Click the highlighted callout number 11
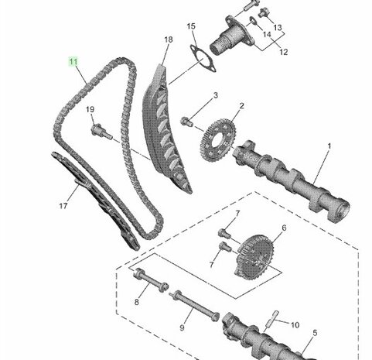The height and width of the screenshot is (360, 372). point(73,62)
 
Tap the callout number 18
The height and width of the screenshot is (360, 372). point(169,39)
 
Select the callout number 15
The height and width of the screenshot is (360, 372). point(191,26)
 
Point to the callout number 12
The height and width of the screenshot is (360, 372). point(283,52)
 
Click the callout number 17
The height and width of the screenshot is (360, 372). point(63,206)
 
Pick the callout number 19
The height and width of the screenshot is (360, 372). point(90,109)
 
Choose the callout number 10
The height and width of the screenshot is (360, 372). point(295,325)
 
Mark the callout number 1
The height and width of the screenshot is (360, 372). point(329,146)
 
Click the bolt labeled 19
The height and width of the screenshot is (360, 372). point(101,132)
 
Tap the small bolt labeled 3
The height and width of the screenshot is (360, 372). point(186,122)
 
